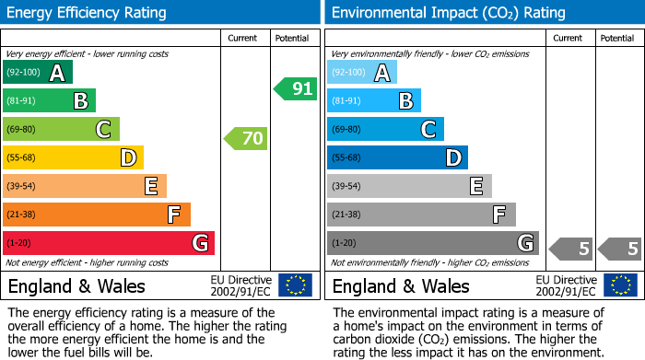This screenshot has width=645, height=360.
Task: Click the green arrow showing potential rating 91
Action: [x=295, y=89]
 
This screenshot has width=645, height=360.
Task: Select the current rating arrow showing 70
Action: [x=245, y=139]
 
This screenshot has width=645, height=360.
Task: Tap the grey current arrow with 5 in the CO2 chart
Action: [x=571, y=248]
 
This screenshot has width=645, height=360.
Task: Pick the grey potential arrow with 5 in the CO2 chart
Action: [x=619, y=248]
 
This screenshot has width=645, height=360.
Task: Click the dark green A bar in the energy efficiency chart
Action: [x=38, y=73]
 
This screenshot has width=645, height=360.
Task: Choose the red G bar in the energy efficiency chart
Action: [x=109, y=243]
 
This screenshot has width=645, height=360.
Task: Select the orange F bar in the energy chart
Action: [x=97, y=215]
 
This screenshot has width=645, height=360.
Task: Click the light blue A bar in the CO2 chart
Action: [x=362, y=73]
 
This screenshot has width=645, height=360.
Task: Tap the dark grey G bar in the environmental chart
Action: [x=432, y=243]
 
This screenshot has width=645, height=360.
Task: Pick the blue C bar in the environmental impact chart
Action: [x=385, y=130]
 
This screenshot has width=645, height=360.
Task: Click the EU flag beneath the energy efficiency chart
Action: [x=295, y=285]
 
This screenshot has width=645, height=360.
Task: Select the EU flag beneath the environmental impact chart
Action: [x=622, y=285]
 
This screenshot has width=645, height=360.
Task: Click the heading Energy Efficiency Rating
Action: [x=88, y=13]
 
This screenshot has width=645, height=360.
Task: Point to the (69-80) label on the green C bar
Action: [x=22, y=130]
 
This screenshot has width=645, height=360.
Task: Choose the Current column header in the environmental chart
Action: [x=569, y=38]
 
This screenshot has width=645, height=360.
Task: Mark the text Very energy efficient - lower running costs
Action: [x=88, y=53]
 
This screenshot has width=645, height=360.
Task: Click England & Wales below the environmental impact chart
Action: [x=401, y=285]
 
